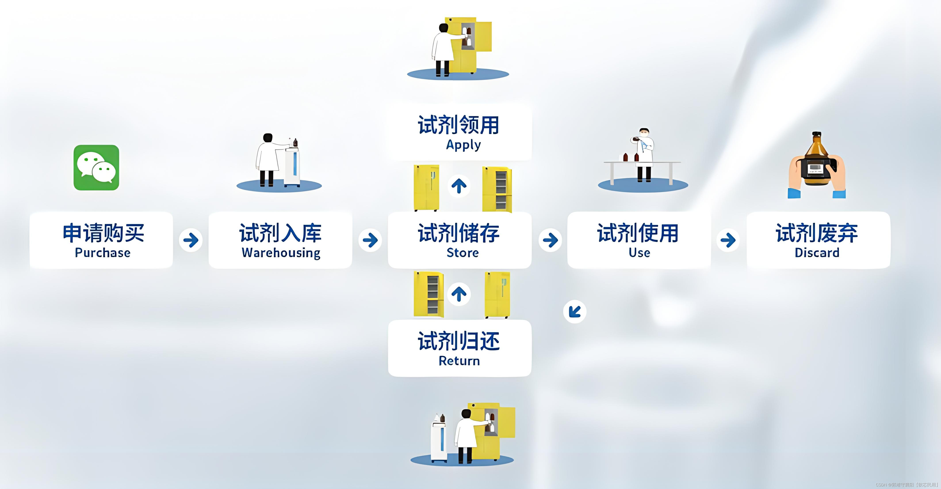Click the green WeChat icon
96,168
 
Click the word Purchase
103,253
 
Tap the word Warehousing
281,253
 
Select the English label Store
463,253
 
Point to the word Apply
463,145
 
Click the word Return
459,361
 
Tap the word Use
639,253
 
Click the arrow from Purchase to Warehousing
191,240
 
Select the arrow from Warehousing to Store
370,240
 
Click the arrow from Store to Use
550,240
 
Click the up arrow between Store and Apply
459,186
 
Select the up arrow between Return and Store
459,294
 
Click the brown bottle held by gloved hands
817,161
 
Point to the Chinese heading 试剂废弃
817,233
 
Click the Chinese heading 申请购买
103,233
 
